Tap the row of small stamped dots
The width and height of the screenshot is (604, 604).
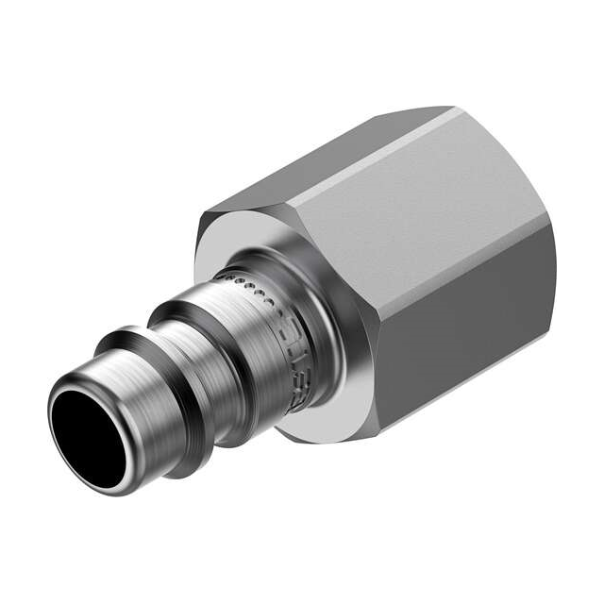point(247,283)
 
